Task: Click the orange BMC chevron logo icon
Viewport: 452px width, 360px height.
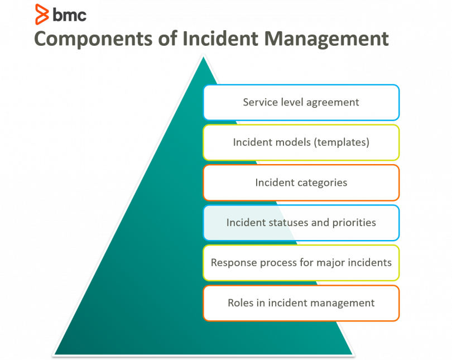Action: tap(42, 15)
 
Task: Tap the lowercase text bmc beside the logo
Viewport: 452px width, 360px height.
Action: tap(69, 15)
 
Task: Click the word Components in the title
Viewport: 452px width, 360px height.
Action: tap(93, 39)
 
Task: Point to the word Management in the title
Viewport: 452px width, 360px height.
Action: tap(326, 39)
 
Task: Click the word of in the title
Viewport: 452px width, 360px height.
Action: tap(168, 39)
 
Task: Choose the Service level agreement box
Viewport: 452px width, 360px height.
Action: tap(301, 102)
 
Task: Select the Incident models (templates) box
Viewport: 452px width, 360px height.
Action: tap(301, 142)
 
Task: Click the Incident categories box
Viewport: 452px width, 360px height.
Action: tap(301, 183)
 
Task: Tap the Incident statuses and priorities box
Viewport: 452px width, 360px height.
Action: tap(301, 223)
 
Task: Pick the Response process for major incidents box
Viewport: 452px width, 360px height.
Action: tap(301, 263)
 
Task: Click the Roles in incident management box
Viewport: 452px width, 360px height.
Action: tap(301, 303)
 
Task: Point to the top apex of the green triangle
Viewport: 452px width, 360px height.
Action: tap(203, 57)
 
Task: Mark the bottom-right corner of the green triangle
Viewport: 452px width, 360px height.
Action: tap(352, 354)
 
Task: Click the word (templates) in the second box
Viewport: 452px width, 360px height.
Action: tap(342, 142)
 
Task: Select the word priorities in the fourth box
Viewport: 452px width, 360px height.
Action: tap(354, 223)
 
